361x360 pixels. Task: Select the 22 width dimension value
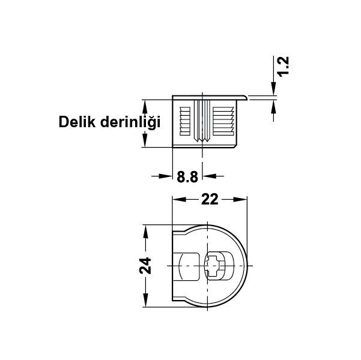click(209, 200)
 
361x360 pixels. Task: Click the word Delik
click(77, 122)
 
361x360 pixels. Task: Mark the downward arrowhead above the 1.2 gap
click(273, 89)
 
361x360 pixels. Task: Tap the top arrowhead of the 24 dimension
click(144, 230)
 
